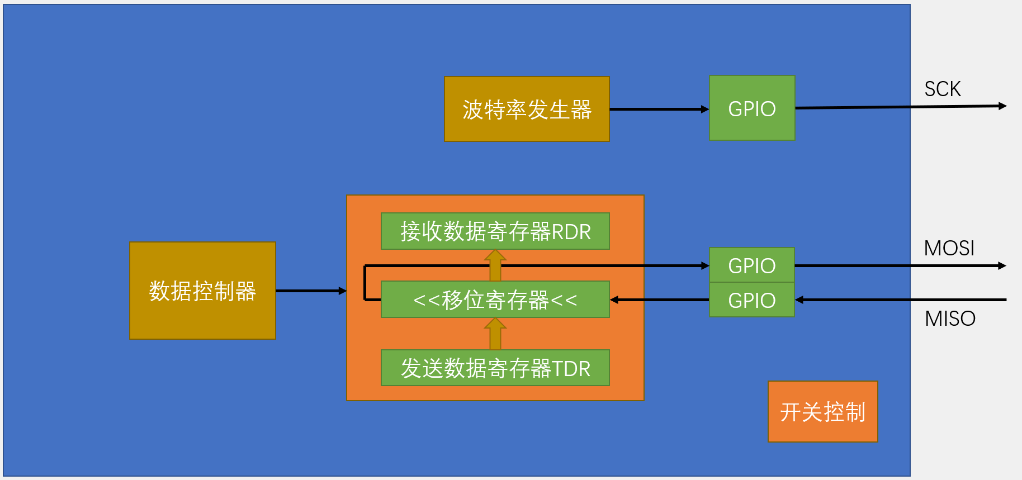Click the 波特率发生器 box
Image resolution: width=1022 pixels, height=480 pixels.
tap(526, 109)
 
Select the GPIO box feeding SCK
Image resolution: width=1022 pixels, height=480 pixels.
tap(751, 108)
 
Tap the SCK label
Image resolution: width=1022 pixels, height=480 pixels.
tap(942, 89)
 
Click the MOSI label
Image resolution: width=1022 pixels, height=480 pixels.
tap(949, 248)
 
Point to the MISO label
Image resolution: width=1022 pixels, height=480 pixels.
tap(950, 319)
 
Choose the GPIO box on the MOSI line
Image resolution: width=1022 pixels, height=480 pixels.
tap(751, 265)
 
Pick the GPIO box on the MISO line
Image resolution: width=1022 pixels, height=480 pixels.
tap(751, 300)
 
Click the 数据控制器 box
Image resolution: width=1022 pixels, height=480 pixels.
tap(202, 291)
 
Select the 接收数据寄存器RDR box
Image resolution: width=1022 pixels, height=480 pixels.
tap(495, 231)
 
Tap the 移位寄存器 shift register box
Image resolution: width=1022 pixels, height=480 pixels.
tap(495, 300)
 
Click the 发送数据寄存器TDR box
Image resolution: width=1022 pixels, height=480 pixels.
tap(495, 368)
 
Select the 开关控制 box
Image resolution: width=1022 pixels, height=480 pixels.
tap(822, 412)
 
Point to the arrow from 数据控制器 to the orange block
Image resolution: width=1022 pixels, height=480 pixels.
tap(310, 291)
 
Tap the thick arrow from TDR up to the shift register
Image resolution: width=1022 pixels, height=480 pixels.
tap(495, 334)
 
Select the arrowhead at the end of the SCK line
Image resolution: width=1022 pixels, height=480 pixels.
tap(1002, 106)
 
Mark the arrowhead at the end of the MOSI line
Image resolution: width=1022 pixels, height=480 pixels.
tap(1002, 266)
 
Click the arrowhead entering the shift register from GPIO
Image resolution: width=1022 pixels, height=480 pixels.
tap(614, 300)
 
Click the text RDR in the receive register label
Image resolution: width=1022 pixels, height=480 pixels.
tap(571, 232)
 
